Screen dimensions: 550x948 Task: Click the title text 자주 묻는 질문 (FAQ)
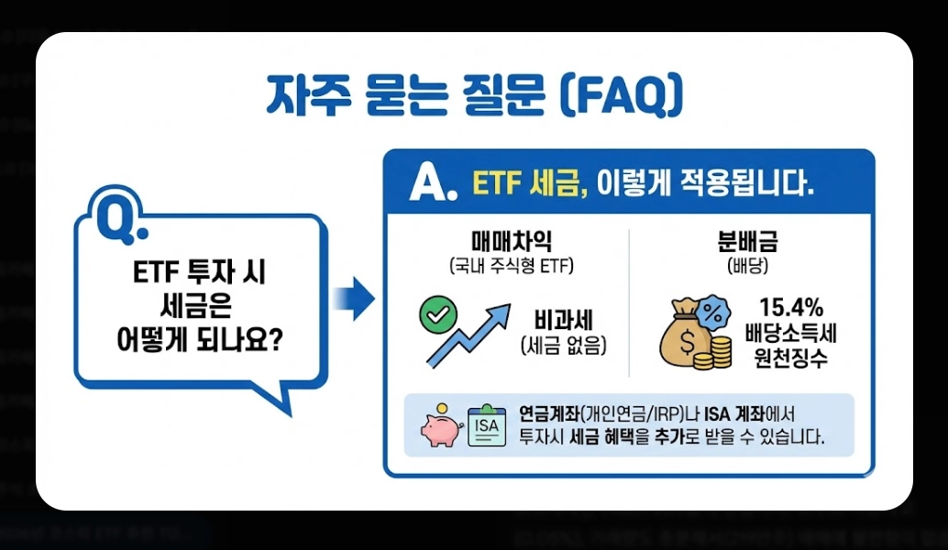point(474,96)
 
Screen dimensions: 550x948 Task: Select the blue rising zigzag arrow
point(468,335)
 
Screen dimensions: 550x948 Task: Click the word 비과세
point(564,322)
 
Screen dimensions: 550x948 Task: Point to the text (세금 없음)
point(564,346)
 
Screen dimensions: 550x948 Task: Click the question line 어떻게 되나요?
point(200,340)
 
